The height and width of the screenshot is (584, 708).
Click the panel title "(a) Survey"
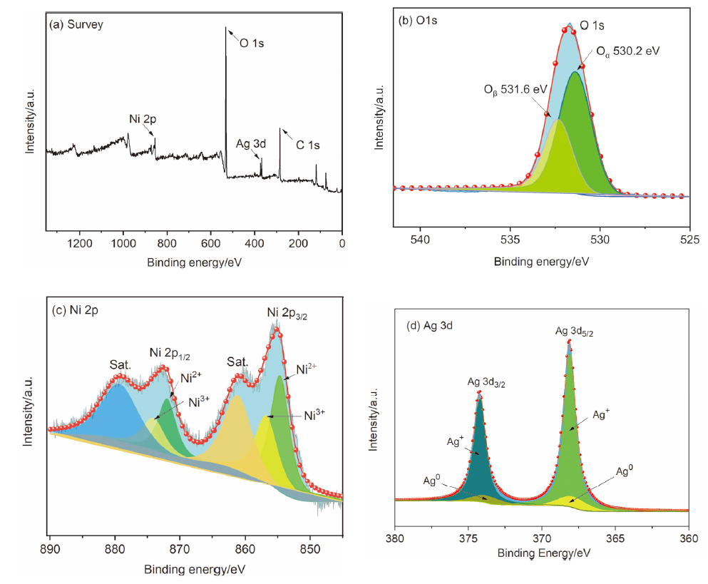coord(76,24)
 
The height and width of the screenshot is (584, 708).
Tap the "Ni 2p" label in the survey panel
coord(143,119)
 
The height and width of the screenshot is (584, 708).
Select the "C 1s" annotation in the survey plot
coord(308,145)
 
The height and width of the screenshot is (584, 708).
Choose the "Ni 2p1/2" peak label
coord(173,352)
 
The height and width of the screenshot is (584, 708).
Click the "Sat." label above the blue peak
coord(120,365)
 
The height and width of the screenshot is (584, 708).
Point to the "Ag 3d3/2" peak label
coord(487,383)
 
